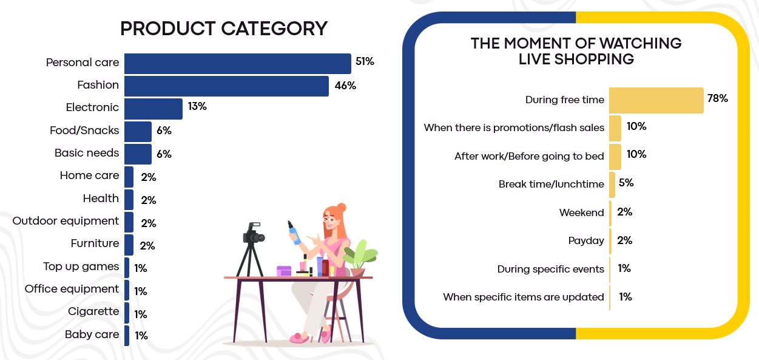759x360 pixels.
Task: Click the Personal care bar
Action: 237,63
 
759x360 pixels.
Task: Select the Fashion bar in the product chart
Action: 226,86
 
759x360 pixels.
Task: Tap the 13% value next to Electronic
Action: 197,106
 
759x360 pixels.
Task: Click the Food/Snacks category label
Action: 84,131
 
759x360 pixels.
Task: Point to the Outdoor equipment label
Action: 66,221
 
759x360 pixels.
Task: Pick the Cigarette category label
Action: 93,311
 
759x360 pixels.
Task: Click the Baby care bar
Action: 127,336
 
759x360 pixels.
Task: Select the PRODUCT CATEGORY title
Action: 224,29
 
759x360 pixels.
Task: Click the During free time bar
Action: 656,100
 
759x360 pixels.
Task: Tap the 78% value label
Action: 718,98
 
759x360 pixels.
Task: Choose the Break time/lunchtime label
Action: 552,184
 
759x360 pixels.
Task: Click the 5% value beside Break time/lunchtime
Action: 626,183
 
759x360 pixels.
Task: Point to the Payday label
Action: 586,240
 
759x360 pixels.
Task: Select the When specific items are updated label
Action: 524,297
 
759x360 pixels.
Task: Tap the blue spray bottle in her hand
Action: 294,233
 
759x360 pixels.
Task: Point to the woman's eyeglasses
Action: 329,220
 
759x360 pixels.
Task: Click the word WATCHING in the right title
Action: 641,43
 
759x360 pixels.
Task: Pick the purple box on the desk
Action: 284,271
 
